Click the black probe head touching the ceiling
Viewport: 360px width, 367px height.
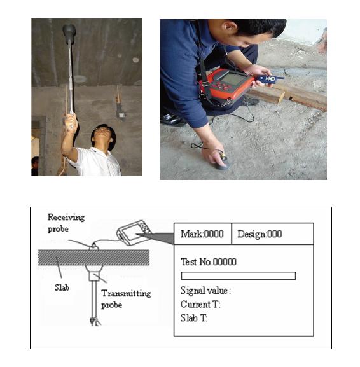tap(69, 34)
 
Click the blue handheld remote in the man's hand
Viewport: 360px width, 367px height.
tap(268, 79)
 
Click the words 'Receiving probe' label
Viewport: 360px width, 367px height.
tap(66, 223)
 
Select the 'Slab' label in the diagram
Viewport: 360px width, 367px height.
tap(62, 287)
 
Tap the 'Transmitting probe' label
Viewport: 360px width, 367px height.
tap(126, 299)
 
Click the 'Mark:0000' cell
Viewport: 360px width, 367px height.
tap(202, 234)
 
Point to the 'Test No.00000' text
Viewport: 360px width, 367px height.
tap(209, 261)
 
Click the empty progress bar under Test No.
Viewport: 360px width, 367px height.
tap(239, 275)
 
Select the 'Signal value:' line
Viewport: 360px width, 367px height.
tap(205, 291)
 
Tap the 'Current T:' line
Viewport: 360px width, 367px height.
tap(200, 304)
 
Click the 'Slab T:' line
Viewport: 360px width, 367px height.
tap(194, 318)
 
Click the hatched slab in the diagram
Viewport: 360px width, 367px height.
tap(93, 258)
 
